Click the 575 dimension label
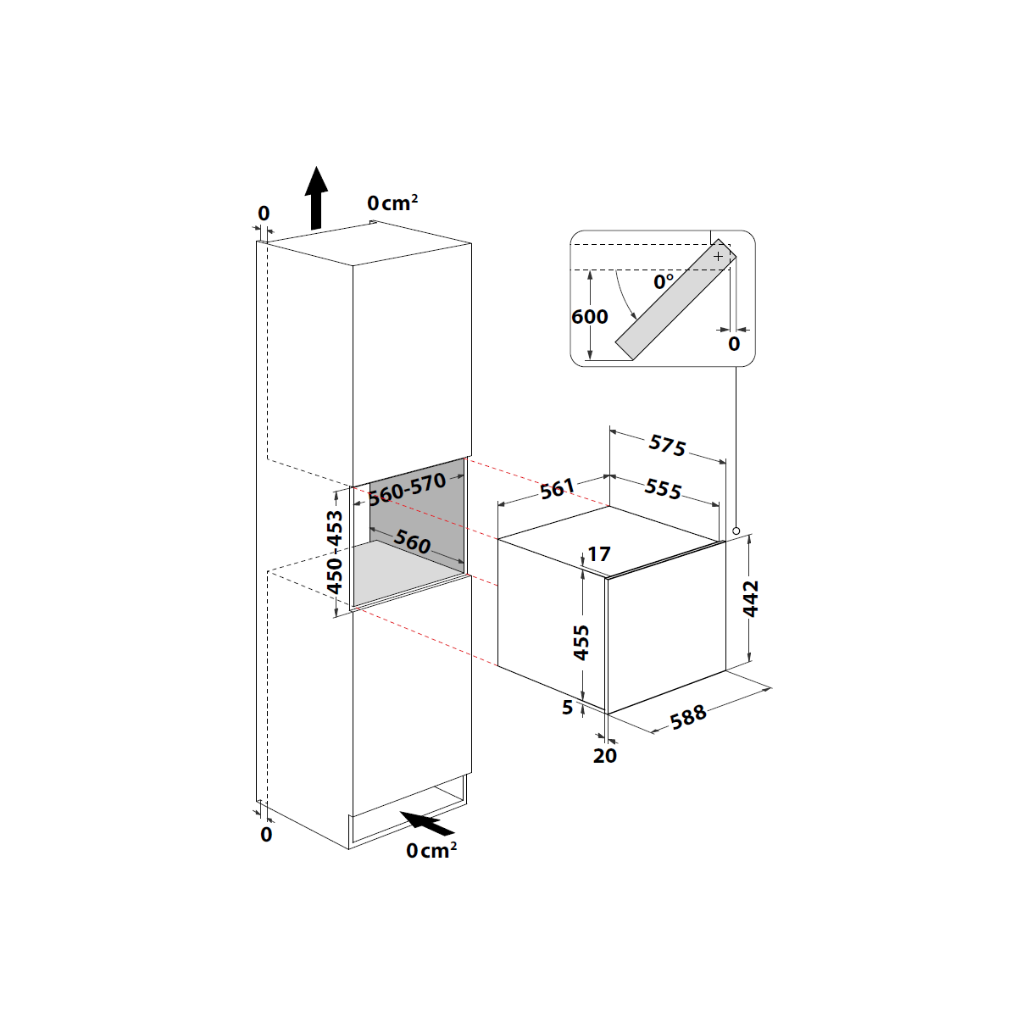click(x=667, y=445)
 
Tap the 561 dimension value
click(x=557, y=489)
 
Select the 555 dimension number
click(x=663, y=489)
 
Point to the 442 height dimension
click(x=751, y=598)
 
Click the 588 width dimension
click(x=688, y=717)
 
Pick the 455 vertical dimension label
click(x=581, y=642)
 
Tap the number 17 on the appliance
click(x=599, y=554)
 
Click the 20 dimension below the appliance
click(x=605, y=756)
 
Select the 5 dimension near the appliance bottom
click(x=567, y=708)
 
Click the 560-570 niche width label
click(x=407, y=489)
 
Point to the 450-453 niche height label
click(x=335, y=552)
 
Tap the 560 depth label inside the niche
click(x=412, y=542)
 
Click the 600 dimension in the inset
click(x=590, y=317)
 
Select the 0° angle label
click(x=664, y=282)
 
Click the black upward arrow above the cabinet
click(x=316, y=198)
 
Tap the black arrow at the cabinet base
click(x=427, y=823)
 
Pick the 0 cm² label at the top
click(x=392, y=203)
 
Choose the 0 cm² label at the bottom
click(x=431, y=850)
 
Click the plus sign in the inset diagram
click(x=718, y=257)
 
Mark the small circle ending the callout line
click(x=736, y=531)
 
